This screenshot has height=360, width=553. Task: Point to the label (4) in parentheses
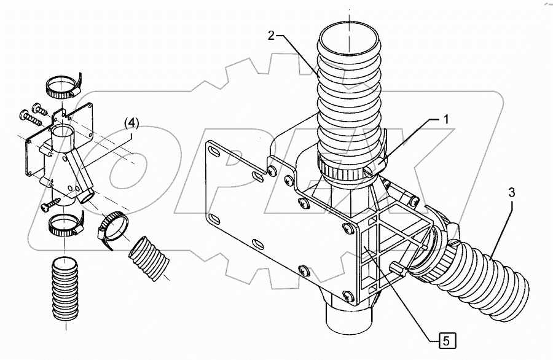(x=132, y=123)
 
